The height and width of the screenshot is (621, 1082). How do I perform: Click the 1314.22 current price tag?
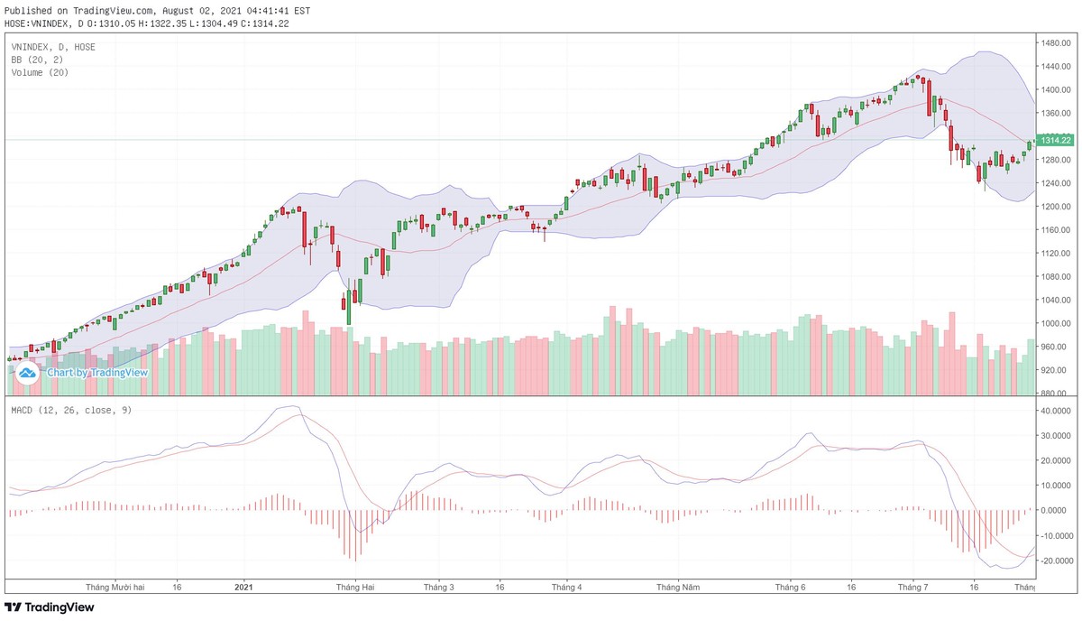[1054, 141]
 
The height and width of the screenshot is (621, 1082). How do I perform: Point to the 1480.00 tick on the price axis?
[1054, 43]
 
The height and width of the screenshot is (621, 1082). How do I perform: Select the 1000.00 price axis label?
[1054, 323]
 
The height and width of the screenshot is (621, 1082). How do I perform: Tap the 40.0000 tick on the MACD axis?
[1056, 411]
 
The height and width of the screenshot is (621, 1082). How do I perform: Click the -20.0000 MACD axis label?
[1055, 561]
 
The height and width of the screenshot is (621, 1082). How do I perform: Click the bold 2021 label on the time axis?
[243, 587]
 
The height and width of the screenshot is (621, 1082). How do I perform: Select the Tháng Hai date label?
[355, 587]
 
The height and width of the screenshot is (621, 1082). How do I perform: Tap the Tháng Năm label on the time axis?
[678, 587]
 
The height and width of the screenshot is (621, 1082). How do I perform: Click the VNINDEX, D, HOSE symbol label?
[53, 47]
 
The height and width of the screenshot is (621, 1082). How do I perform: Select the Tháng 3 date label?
[439, 587]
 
